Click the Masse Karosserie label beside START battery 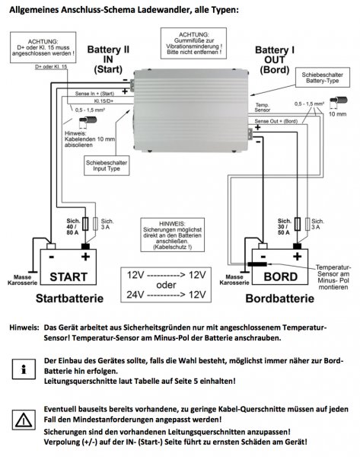(x=19, y=280)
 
